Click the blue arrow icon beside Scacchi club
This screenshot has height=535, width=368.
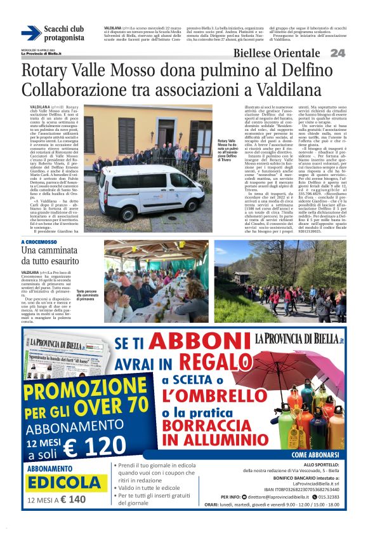tap(31, 33)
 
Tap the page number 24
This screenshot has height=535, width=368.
tap(338, 53)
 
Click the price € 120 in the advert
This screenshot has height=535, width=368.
tap(95, 447)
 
